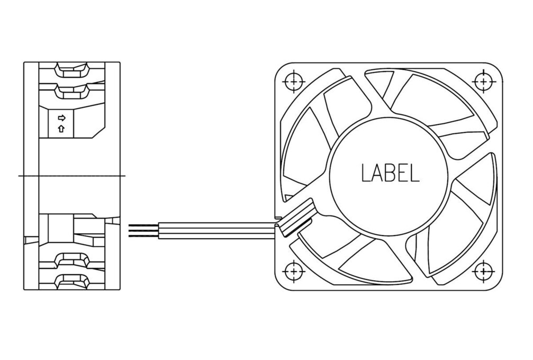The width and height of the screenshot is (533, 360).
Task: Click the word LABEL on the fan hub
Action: click(390, 173)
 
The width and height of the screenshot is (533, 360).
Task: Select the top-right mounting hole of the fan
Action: click(483, 82)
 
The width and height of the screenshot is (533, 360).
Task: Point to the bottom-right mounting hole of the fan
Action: click(483, 271)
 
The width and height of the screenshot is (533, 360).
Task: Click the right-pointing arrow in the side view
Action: click(61, 118)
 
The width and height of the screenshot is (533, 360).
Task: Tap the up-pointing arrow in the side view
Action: click(61, 129)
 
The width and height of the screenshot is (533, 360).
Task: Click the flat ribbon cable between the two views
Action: click(218, 230)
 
